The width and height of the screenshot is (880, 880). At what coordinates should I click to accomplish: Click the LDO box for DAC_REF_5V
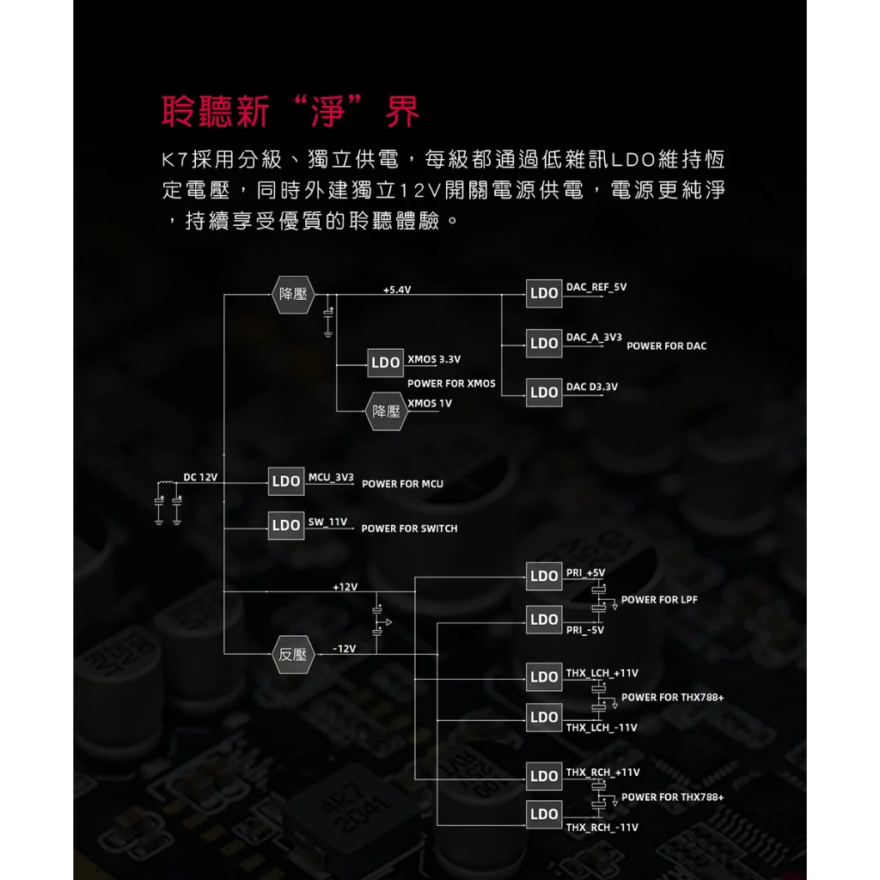coord(544,293)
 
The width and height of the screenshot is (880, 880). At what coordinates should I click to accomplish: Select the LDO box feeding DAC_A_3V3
coord(544,343)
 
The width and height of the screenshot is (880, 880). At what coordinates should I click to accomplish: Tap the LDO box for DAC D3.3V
coord(544,393)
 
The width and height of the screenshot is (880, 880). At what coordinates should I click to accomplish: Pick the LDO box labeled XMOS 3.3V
coord(386,363)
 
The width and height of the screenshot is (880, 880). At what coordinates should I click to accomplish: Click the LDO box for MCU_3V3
coord(286,481)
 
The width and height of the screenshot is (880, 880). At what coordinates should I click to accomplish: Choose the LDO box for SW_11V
coord(286,525)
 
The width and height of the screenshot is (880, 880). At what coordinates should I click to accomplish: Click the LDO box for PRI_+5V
coord(544,576)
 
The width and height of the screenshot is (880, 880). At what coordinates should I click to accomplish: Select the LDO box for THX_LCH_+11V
coord(544,677)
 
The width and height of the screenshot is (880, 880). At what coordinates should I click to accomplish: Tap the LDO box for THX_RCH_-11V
coord(544,814)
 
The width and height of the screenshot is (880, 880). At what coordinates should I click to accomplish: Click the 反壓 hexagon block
coord(293,654)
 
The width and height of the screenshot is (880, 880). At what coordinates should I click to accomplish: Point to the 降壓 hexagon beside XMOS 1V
coord(386,412)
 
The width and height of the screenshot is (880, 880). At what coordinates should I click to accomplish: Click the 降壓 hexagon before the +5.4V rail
coord(293,293)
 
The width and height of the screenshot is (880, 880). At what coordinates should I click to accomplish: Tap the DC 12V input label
coord(200,477)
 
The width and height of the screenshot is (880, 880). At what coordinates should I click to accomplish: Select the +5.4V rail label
coord(397,290)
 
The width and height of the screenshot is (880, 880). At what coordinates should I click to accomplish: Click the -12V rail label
coord(344,648)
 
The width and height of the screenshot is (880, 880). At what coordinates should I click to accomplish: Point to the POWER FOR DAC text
coord(666,346)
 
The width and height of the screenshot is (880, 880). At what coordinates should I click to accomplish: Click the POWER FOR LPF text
coord(659,600)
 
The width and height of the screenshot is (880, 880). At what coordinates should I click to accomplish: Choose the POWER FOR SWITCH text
coord(409,529)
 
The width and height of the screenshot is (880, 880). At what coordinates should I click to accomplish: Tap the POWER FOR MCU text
coord(402,484)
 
